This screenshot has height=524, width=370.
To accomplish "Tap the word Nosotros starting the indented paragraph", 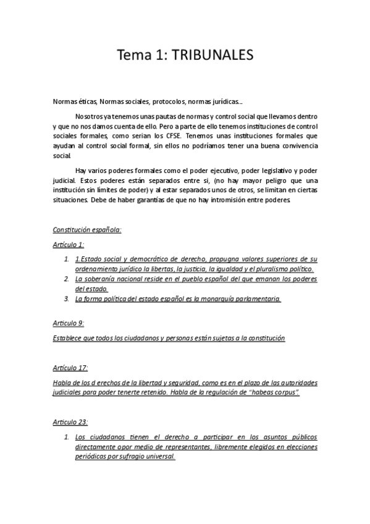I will (92, 116).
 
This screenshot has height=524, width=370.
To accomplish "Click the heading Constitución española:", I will (87, 230).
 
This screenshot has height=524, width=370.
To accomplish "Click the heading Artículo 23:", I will (70, 422).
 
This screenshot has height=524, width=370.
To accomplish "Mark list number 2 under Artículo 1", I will (67, 279).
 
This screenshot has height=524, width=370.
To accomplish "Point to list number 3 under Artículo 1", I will (67, 299).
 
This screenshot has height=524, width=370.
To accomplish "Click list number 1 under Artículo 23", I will (67, 437).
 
